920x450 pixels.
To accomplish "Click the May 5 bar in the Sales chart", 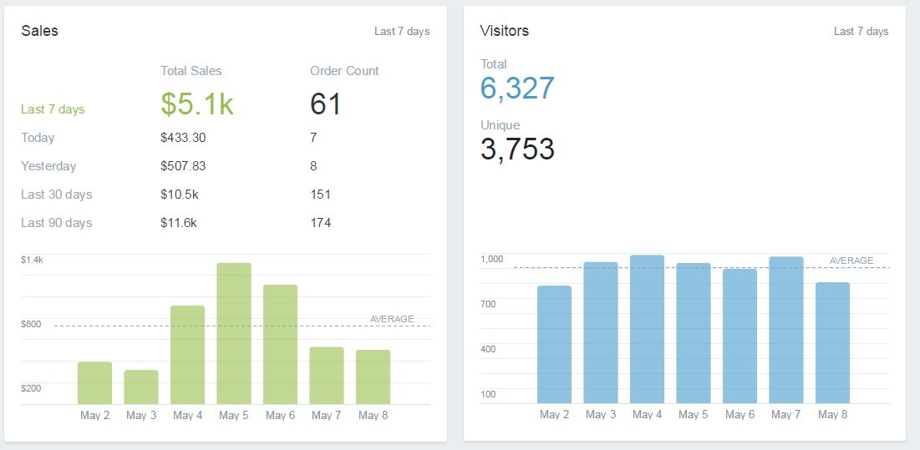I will tap(234, 334).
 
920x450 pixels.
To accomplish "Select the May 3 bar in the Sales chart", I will tap(141, 387).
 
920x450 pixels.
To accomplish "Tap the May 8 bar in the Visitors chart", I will tap(832, 343).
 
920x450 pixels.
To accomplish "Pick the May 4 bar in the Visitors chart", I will tap(647, 330).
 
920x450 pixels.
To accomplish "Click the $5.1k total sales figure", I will tap(197, 104).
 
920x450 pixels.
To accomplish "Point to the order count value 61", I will tap(326, 104).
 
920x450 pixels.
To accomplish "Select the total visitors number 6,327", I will tap(517, 88).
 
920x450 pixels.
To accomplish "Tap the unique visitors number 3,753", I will tap(517, 149).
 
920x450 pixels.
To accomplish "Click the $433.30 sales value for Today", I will tap(183, 138).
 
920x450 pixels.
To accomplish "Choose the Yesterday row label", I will tap(48, 166).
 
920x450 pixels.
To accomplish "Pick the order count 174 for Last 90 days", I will tap(320, 223).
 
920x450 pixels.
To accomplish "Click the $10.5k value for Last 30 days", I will tap(179, 195).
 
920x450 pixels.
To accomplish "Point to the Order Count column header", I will tap(344, 71).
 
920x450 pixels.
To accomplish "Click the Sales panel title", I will tap(39, 31).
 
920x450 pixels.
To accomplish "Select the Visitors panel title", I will tap(505, 31).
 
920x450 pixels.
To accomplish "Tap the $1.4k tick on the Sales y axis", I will tap(32, 260).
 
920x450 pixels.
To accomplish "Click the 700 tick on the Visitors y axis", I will tap(488, 304).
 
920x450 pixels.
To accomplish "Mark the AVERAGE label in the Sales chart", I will tap(392, 319).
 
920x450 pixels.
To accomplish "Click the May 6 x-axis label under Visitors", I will tap(740, 415).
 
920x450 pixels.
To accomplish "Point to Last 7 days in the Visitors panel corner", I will tap(861, 32).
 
